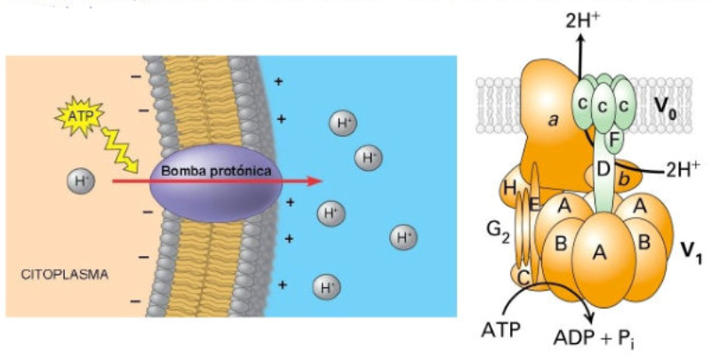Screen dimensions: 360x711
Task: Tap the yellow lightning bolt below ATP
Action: click(x=117, y=148)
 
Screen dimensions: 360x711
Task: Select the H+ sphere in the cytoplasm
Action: click(x=81, y=181)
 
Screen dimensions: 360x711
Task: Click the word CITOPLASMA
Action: click(x=64, y=275)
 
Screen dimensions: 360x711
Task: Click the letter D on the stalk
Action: click(x=604, y=169)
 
